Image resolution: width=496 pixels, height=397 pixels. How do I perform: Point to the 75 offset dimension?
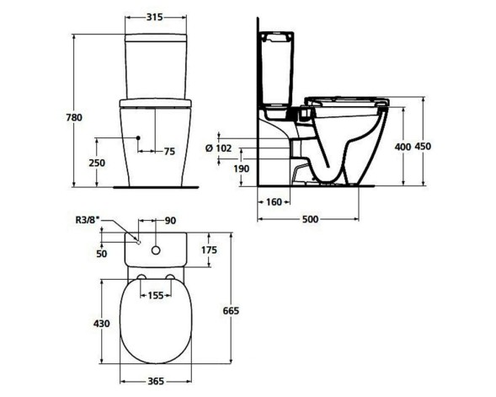pyautogui.click(x=168, y=152)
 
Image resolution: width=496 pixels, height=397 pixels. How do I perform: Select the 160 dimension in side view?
pyautogui.click(x=273, y=202)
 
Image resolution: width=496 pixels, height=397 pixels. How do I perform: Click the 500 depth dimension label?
pyautogui.click(x=310, y=221)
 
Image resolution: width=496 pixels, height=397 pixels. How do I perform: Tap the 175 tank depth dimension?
pyautogui.click(x=211, y=250)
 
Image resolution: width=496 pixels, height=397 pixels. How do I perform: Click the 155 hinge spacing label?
pyautogui.click(x=156, y=296)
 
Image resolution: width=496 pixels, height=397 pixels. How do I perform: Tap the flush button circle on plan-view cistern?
pyautogui.click(x=157, y=249)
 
